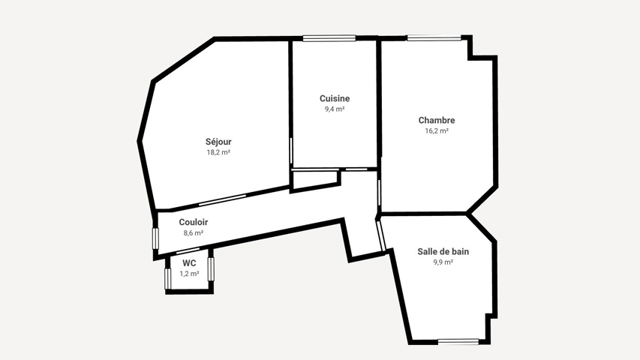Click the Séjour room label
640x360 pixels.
(x=218, y=142)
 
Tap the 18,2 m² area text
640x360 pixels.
(x=218, y=152)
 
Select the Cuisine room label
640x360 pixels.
(x=335, y=98)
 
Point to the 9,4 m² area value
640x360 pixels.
(x=335, y=109)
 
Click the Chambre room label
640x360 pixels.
(x=437, y=120)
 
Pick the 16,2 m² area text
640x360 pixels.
(x=437, y=130)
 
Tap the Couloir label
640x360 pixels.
(x=194, y=222)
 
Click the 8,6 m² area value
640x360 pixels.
(x=194, y=233)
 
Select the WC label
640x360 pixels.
(x=189, y=262)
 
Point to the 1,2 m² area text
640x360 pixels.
(x=189, y=274)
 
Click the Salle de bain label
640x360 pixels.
(x=443, y=251)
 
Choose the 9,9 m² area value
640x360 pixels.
(x=443, y=262)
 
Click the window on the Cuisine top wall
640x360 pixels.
(x=329, y=38)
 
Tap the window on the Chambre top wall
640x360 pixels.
(x=434, y=38)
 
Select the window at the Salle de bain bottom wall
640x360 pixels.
(x=458, y=341)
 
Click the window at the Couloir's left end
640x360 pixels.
(x=155, y=238)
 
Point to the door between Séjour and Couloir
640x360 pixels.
(x=222, y=200)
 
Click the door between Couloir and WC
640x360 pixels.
(x=188, y=250)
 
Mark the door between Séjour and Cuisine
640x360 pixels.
(x=291, y=151)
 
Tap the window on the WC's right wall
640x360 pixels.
(x=211, y=269)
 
